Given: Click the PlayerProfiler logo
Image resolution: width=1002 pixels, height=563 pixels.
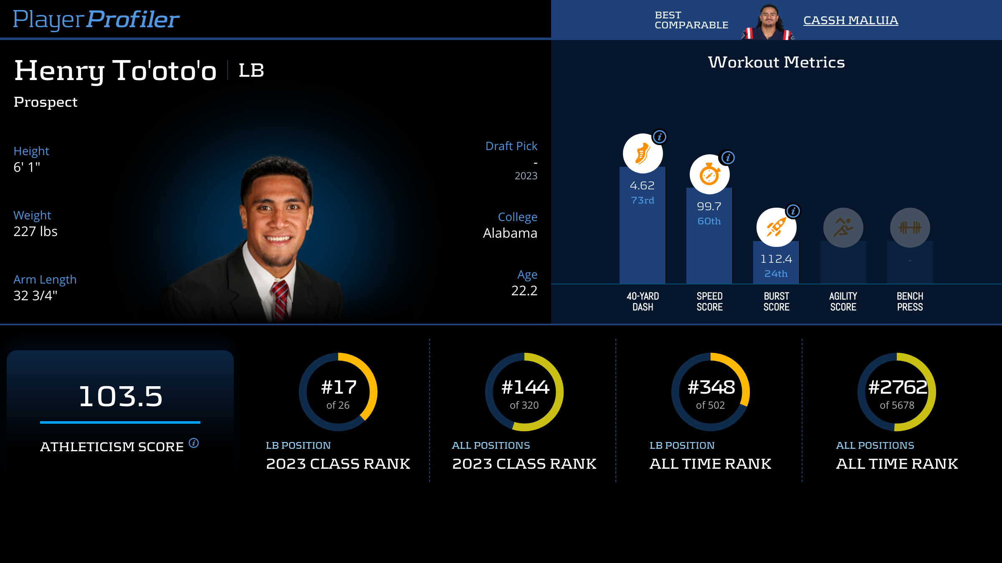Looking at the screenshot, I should pos(96,19).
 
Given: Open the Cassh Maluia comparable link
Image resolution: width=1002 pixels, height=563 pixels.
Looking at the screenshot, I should pos(850,20).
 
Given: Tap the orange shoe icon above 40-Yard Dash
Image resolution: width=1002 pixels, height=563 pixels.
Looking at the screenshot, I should pos(643,153).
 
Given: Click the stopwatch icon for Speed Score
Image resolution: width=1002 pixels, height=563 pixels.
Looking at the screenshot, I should pos(709,174).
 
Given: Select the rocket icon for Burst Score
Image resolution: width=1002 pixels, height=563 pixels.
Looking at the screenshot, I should pos(776,228).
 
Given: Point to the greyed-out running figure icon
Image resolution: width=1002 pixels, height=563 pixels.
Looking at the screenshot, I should pos(843,228).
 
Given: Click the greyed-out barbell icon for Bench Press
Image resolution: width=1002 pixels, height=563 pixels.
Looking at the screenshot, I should pos(910,228).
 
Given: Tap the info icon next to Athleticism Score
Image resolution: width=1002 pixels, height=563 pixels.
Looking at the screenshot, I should pos(194,442).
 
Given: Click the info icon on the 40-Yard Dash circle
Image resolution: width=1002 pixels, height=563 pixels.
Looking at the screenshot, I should pos(660,137).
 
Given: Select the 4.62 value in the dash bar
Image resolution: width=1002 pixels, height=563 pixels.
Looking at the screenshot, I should pos(642,186).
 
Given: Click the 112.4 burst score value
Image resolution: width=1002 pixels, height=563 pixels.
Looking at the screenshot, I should pos(776,259).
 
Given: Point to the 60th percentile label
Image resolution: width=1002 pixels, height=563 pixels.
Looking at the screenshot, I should pos(709,221).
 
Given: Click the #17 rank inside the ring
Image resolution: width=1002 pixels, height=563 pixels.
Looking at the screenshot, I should pos(339,387).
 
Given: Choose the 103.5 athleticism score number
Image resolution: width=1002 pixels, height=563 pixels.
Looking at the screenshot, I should pos(120,396).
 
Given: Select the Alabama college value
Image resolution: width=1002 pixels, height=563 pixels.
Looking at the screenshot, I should pos(510,233).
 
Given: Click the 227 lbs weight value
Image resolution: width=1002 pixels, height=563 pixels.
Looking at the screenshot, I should pos(35,231).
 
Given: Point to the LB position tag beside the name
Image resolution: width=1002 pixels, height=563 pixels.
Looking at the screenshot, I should pos(251,70).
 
